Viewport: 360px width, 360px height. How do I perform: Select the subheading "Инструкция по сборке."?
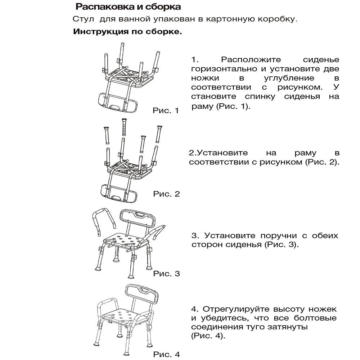pyautogui.click(x=127, y=32)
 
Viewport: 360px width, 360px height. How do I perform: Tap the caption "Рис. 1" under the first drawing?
pyautogui.click(x=166, y=111)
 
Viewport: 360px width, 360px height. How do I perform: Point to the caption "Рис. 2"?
pyautogui.click(x=166, y=194)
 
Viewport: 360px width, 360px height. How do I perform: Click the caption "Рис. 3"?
pyautogui.click(x=166, y=274)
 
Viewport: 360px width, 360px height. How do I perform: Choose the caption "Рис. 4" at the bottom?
pyautogui.click(x=166, y=354)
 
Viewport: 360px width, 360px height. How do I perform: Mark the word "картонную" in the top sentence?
pyautogui.click(x=228, y=19)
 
